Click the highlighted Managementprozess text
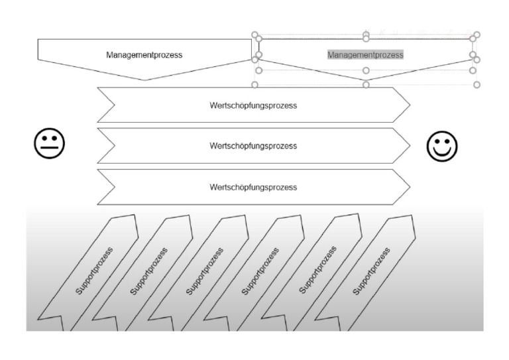(365, 54)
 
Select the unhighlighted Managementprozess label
(144, 55)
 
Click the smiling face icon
(442, 146)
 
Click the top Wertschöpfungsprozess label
(253, 105)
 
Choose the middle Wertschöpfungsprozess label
(253, 145)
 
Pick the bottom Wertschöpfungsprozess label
(253, 187)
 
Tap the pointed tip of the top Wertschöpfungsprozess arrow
(409, 105)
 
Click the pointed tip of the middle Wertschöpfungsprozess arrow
(409, 145)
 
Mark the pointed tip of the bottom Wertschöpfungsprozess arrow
(409, 187)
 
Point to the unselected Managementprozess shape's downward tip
(144, 79)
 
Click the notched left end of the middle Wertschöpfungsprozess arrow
(114, 145)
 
